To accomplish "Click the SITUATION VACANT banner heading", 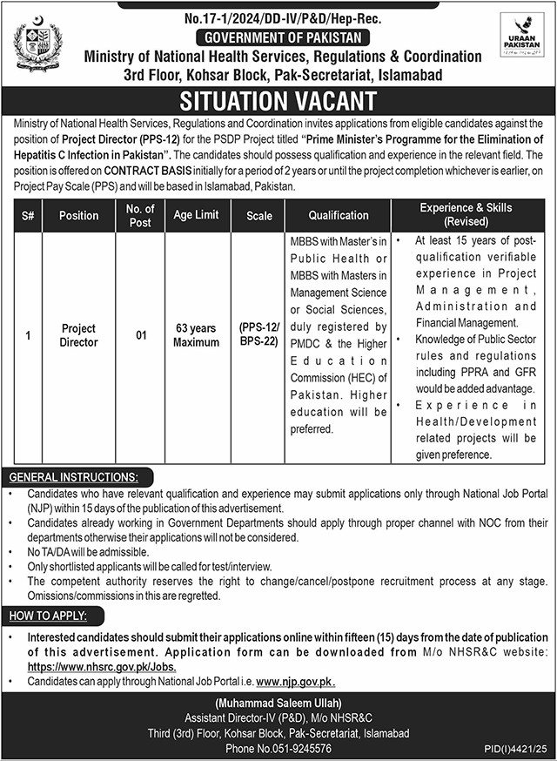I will [x=278, y=101].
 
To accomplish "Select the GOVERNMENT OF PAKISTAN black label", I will [x=283, y=37].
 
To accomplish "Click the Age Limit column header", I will [x=196, y=215].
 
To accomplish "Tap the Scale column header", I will [x=258, y=216].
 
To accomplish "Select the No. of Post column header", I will [x=140, y=215].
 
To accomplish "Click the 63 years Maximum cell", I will [x=196, y=335].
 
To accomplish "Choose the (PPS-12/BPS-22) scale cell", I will [x=258, y=335].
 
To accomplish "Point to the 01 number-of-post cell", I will [x=140, y=335].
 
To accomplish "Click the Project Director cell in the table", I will [x=78, y=335].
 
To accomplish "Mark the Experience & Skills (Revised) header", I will [x=466, y=215].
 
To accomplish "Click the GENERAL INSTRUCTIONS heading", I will [x=73, y=477].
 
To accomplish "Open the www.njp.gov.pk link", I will [x=296, y=681].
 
